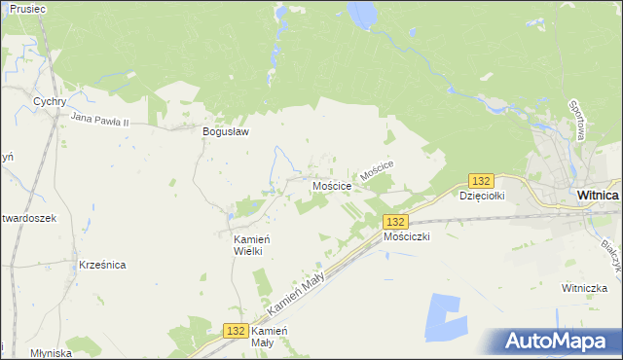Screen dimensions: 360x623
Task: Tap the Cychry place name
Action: click(x=49, y=101)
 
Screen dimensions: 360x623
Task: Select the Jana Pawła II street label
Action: click(x=113, y=120)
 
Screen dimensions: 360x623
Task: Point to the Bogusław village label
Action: click(x=226, y=133)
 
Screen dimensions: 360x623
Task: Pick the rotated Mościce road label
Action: click(x=376, y=171)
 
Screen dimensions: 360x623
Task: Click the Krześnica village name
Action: click(x=102, y=265)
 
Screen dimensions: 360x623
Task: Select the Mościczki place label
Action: click(x=407, y=236)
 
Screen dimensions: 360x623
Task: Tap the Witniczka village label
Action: click(x=585, y=288)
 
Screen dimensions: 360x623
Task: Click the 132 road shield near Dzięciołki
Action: click(x=481, y=181)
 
